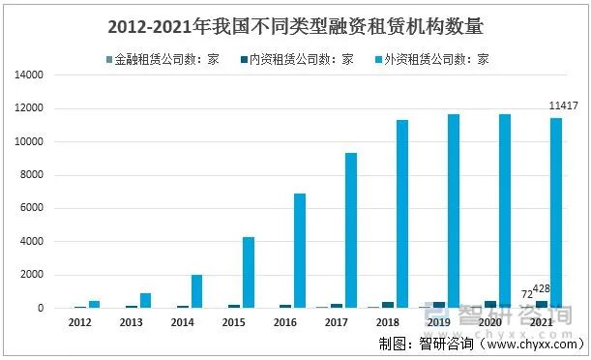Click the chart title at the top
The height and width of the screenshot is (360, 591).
point(295,25)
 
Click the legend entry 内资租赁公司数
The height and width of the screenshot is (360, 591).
point(301,59)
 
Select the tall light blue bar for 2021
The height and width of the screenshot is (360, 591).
point(556,213)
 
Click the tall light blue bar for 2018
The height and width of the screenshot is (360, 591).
point(401,214)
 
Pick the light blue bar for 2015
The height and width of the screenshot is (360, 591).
point(249,272)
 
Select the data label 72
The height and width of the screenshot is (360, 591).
point(526,292)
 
